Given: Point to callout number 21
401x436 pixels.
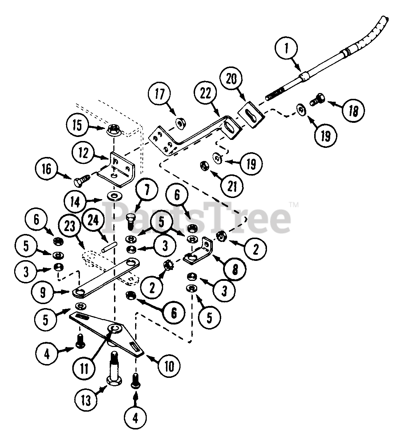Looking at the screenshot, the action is (232, 186).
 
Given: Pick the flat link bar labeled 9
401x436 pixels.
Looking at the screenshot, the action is (105, 277).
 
